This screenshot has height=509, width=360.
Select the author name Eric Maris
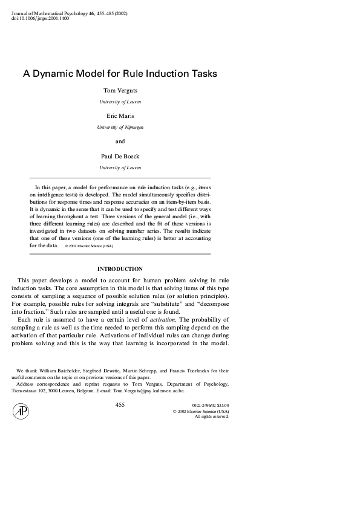120,116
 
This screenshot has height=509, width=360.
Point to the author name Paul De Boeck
120,156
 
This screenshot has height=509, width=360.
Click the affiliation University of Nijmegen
120,128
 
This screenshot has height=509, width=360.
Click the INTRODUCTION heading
120,268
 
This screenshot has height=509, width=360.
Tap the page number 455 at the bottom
120,405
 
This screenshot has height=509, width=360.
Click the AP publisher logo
21,412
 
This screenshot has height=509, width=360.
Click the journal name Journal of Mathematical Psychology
50,13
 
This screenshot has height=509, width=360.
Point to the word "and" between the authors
120,141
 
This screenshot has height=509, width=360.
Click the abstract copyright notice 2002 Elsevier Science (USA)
91,247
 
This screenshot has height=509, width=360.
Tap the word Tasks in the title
201,73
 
